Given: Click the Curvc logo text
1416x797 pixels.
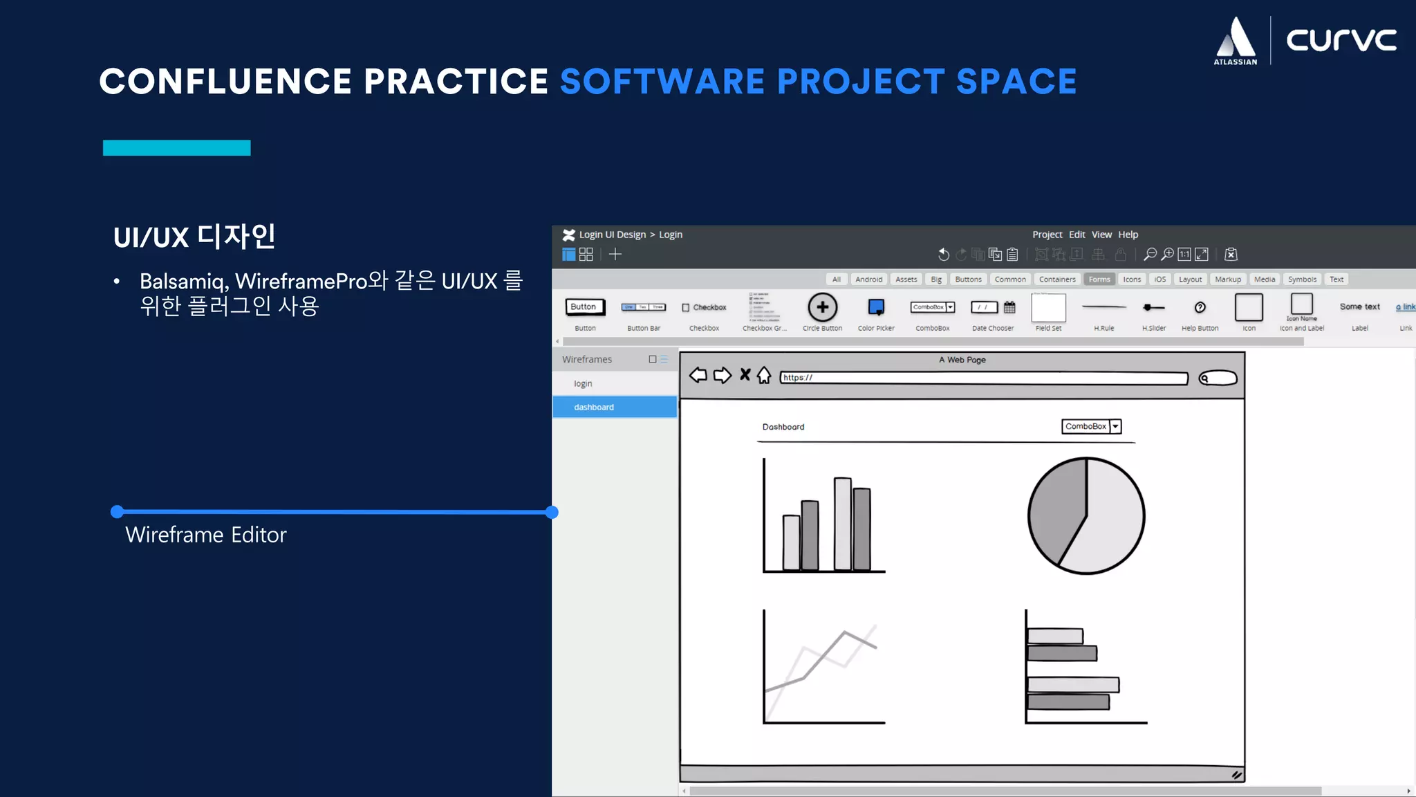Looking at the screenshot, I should (1341, 40).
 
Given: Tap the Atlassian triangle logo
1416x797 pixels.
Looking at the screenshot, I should (1236, 38).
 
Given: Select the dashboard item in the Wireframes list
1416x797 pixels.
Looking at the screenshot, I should (594, 407).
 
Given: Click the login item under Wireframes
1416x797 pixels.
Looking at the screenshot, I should (583, 383).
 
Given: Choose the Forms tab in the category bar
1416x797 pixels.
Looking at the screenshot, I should (1099, 280).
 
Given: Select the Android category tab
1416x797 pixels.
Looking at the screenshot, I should (868, 280).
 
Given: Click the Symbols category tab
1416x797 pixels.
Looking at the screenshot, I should (1302, 280).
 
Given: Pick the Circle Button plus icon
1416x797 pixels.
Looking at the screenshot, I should (822, 307).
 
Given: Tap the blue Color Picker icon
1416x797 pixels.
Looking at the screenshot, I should (876, 306).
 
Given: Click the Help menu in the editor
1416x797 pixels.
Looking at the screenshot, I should (1128, 235).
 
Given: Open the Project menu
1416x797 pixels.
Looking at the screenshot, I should (1047, 235).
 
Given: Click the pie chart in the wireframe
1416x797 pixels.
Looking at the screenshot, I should (1086, 515).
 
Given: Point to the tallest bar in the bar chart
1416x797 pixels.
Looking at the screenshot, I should (842, 523).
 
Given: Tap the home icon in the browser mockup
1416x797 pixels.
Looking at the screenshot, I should (764, 375).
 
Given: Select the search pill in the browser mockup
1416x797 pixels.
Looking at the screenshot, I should (1218, 378).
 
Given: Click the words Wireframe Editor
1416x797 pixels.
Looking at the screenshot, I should (205, 535).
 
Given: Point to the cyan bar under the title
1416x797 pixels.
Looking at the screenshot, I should (176, 147).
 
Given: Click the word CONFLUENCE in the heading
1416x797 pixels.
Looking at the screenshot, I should (225, 81).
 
